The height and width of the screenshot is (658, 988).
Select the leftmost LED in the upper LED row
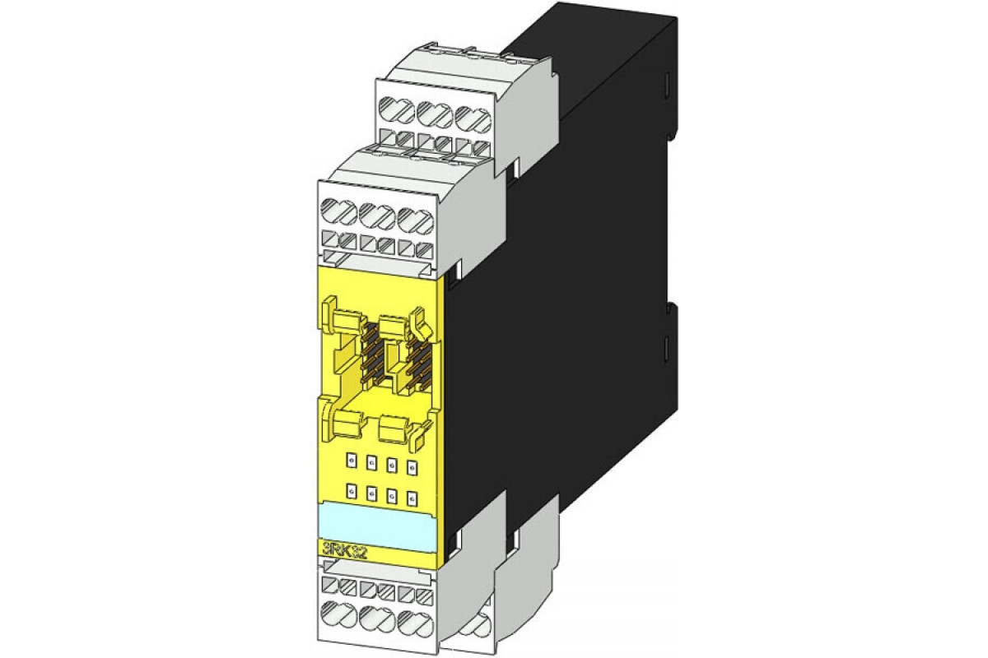click(352, 462)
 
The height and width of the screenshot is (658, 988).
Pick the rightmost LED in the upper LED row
click(411, 465)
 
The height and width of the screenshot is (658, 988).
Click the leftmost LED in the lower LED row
click(352, 491)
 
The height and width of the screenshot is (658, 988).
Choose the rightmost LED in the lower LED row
click(411, 494)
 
